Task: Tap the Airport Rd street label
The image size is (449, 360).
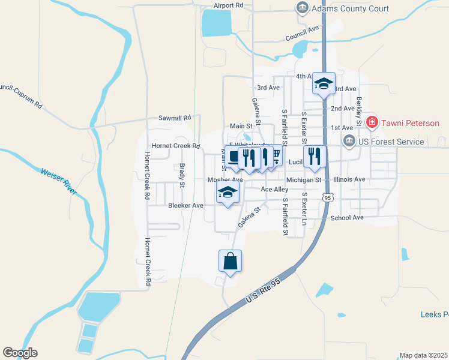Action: pyautogui.click(x=228, y=5)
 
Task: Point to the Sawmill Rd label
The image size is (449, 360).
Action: pyautogui.click(x=174, y=118)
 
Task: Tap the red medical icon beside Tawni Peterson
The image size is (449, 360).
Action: pyautogui.click(x=372, y=123)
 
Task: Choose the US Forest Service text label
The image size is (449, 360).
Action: pyautogui.click(x=391, y=142)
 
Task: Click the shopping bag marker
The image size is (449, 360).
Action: pyautogui.click(x=230, y=262)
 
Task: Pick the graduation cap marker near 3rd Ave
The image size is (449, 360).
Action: pyautogui.click(x=323, y=84)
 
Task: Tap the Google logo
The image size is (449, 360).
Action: pyautogui.click(x=20, y=353)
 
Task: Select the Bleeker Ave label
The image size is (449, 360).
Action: pyautogui.click(x=185, y=205)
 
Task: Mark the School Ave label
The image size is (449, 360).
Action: pyautogui.click(x=347, y=218)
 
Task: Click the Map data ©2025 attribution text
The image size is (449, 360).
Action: pyautogui.click(x=423, y=355)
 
